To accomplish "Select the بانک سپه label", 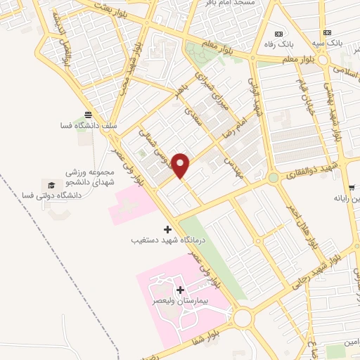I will click(328, 44).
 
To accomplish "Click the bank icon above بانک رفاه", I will click(279, 33).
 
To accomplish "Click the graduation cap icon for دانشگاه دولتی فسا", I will click(51, 184).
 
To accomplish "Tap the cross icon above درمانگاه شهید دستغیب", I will click(167, 229).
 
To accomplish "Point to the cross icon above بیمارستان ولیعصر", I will click(181, 290).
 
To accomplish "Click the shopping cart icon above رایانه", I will click(351, 188).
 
